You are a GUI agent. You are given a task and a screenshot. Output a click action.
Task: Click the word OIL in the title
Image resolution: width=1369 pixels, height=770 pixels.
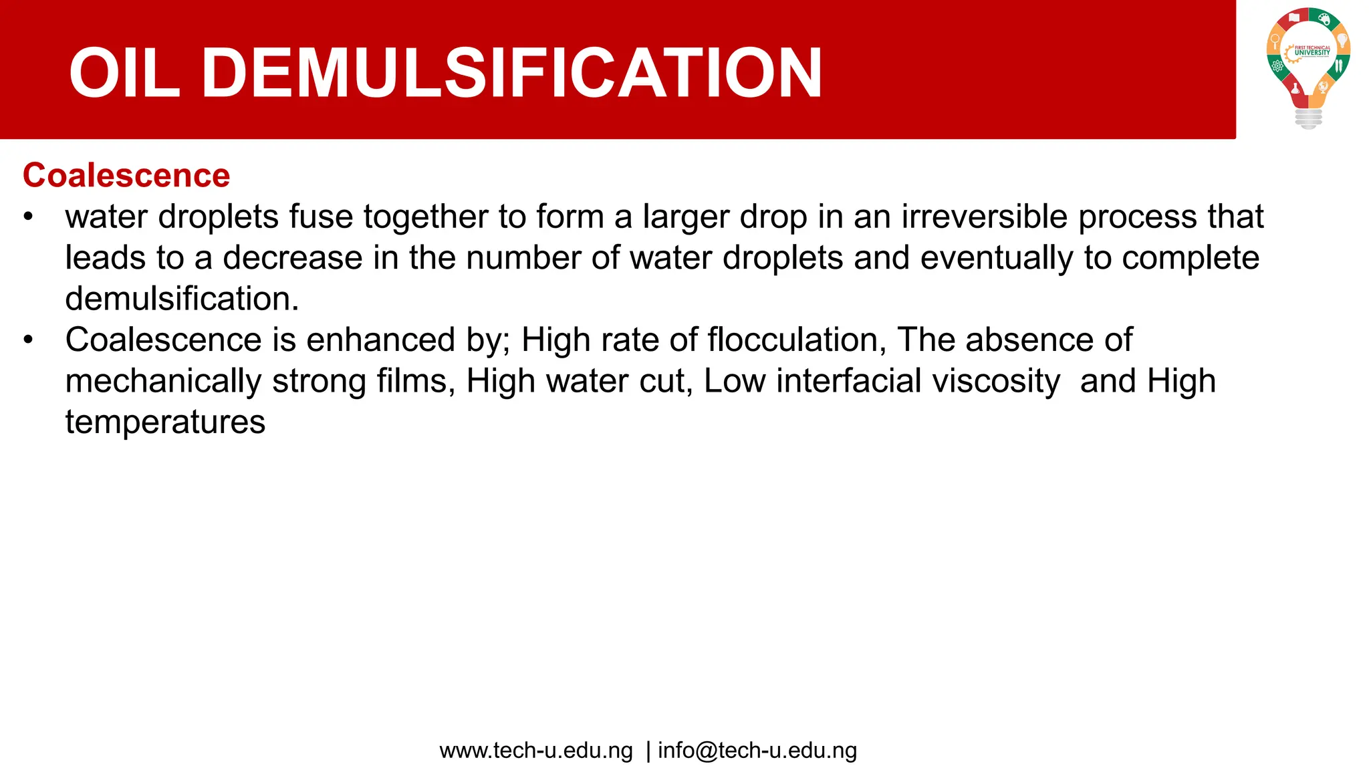(124, 73)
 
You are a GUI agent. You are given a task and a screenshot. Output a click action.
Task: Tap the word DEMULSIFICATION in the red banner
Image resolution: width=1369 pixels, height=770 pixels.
(511, 73)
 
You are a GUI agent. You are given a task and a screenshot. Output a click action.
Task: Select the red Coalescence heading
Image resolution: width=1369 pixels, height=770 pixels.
(126, 176)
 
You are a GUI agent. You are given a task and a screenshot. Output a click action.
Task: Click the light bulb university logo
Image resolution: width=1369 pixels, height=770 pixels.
(1308, 67)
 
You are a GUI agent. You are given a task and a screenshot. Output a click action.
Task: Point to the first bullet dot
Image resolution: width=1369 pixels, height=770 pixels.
(28, 217)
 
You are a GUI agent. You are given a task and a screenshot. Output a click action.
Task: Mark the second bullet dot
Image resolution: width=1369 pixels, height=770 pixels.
(28, 340)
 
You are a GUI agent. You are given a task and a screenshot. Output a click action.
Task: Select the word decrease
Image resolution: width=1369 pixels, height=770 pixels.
(292, 258)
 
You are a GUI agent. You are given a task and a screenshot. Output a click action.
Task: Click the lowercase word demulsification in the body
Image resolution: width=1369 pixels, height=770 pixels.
(182, 299)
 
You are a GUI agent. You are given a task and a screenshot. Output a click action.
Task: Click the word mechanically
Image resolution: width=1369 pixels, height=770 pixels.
(163, 382)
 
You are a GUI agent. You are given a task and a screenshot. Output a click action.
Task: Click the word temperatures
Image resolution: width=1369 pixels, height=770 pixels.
(165, 422)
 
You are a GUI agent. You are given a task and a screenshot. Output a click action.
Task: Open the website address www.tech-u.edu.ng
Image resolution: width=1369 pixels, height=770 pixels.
(536, 751)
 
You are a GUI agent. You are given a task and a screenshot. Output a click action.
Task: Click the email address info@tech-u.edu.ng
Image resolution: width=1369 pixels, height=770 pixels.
(757, 751)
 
